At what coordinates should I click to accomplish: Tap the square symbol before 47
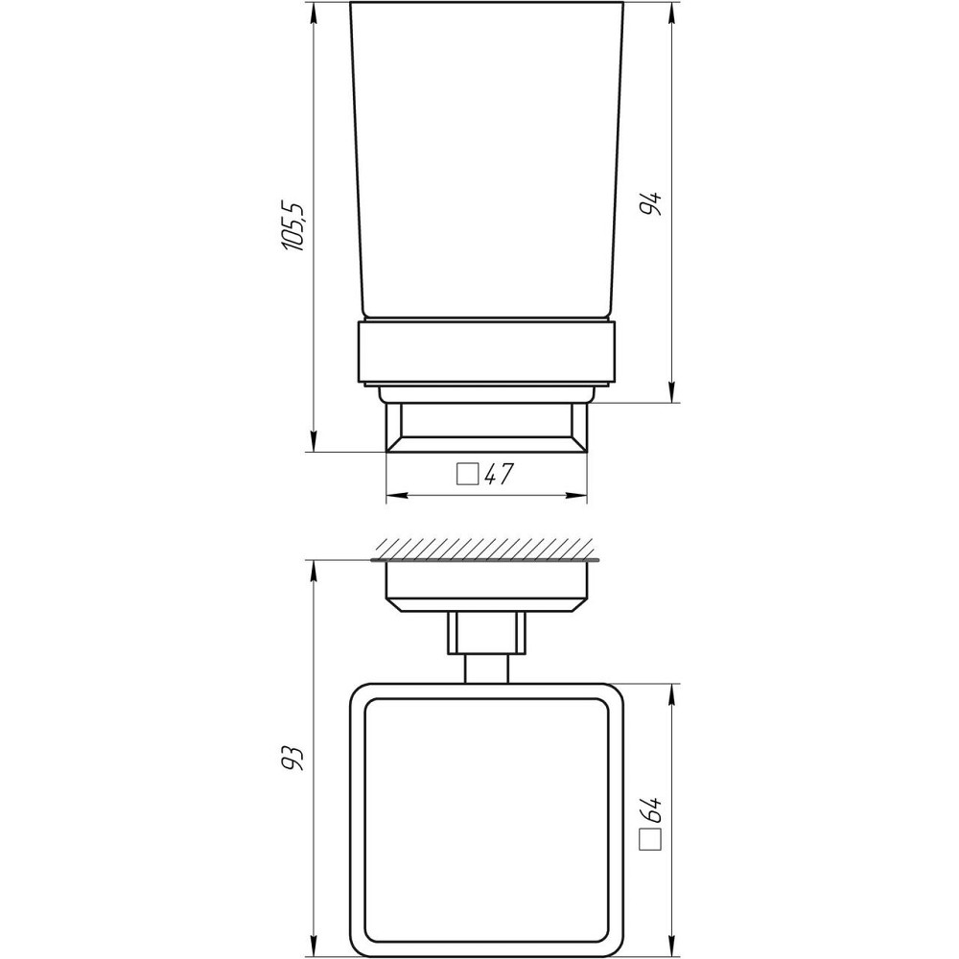coord(467,475)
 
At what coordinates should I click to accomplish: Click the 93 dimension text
coord(296,757)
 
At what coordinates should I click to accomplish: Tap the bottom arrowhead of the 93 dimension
coord(315,949)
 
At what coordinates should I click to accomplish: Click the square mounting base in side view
coord(486,427)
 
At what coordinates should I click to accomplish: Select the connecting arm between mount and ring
coord(486,647)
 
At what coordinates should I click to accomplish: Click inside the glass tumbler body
coord(486,163)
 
